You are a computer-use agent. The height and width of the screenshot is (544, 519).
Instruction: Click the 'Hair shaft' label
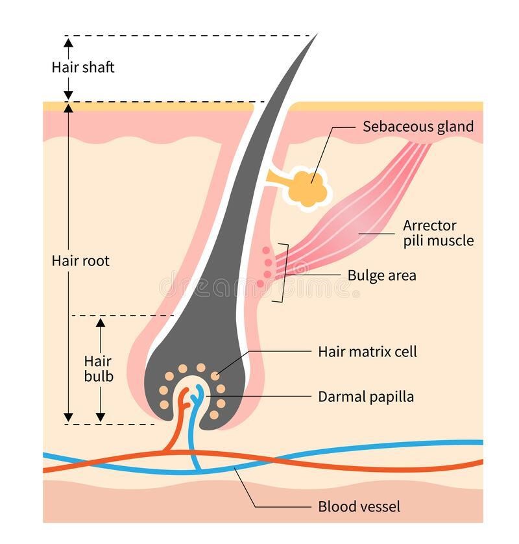click(x=83, y=67)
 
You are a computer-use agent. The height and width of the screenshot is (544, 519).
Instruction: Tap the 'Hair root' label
click(x=80, y=261)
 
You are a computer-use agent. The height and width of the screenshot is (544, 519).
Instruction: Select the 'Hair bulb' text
click(x=98, y=368)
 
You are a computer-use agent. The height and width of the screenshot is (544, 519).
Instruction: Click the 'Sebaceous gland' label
click(x=418, y=126)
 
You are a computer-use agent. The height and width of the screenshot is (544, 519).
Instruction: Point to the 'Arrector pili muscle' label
click(x=438, y=233)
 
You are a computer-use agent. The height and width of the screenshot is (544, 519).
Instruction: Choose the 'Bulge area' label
click(x=381, y=275)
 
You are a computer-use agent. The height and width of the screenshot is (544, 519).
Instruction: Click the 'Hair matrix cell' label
click(x=367, y=352)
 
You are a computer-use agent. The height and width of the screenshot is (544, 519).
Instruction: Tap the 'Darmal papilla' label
click(x=366, y=396)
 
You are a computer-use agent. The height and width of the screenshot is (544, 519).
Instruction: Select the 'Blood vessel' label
click(x=359, y=506)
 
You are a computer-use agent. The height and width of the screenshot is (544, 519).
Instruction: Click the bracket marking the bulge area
click(x=284, y=273)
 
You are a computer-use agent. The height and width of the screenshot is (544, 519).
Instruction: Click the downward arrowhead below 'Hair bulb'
click(x=100, y=416)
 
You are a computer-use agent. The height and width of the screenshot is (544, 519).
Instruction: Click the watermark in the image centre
click(x=259, y=286)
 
